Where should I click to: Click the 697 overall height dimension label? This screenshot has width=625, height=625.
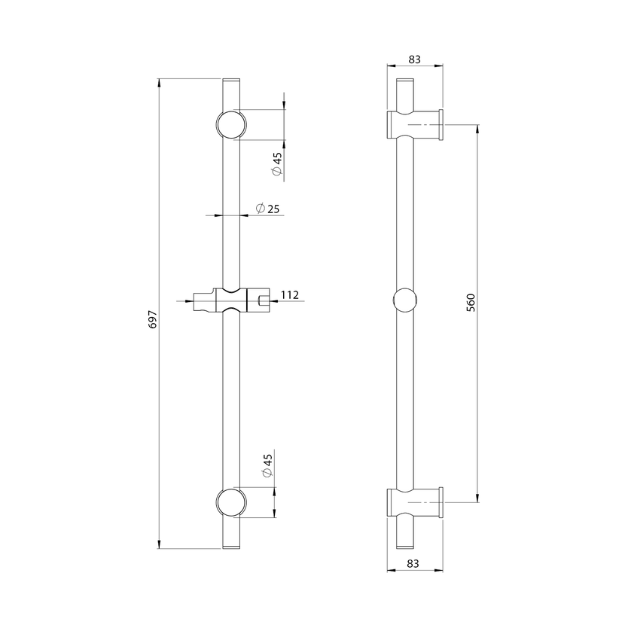[x=153, y=319]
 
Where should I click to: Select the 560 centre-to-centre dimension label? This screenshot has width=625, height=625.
[x=471, y=303]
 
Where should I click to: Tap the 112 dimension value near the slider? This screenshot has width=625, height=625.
[x=290, y=295]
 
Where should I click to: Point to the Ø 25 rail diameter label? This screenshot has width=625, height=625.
[x=267, y=209]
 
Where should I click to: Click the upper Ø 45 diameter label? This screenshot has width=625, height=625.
[x=276, y=164]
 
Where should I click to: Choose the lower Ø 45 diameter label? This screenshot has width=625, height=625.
[x=267, y=465]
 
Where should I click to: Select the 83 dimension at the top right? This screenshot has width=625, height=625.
[x=415, y=59]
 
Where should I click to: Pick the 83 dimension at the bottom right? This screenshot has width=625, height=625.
[x=413, y=563]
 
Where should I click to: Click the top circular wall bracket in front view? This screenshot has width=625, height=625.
[x=231, y=124]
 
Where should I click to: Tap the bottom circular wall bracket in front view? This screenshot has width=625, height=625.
[x=231, y=502]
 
